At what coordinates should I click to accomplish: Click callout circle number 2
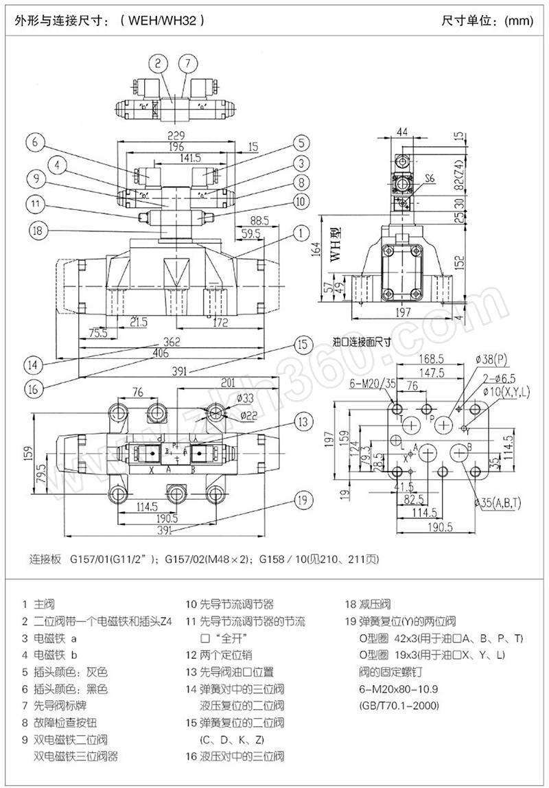pos(159,64)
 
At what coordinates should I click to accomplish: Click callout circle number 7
pos(187,64)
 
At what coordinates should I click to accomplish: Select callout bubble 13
pos(303,421)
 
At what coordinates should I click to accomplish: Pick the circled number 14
pos(33,363)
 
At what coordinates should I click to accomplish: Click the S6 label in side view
pos(430,178)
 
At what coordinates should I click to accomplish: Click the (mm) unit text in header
pos(519,21)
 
